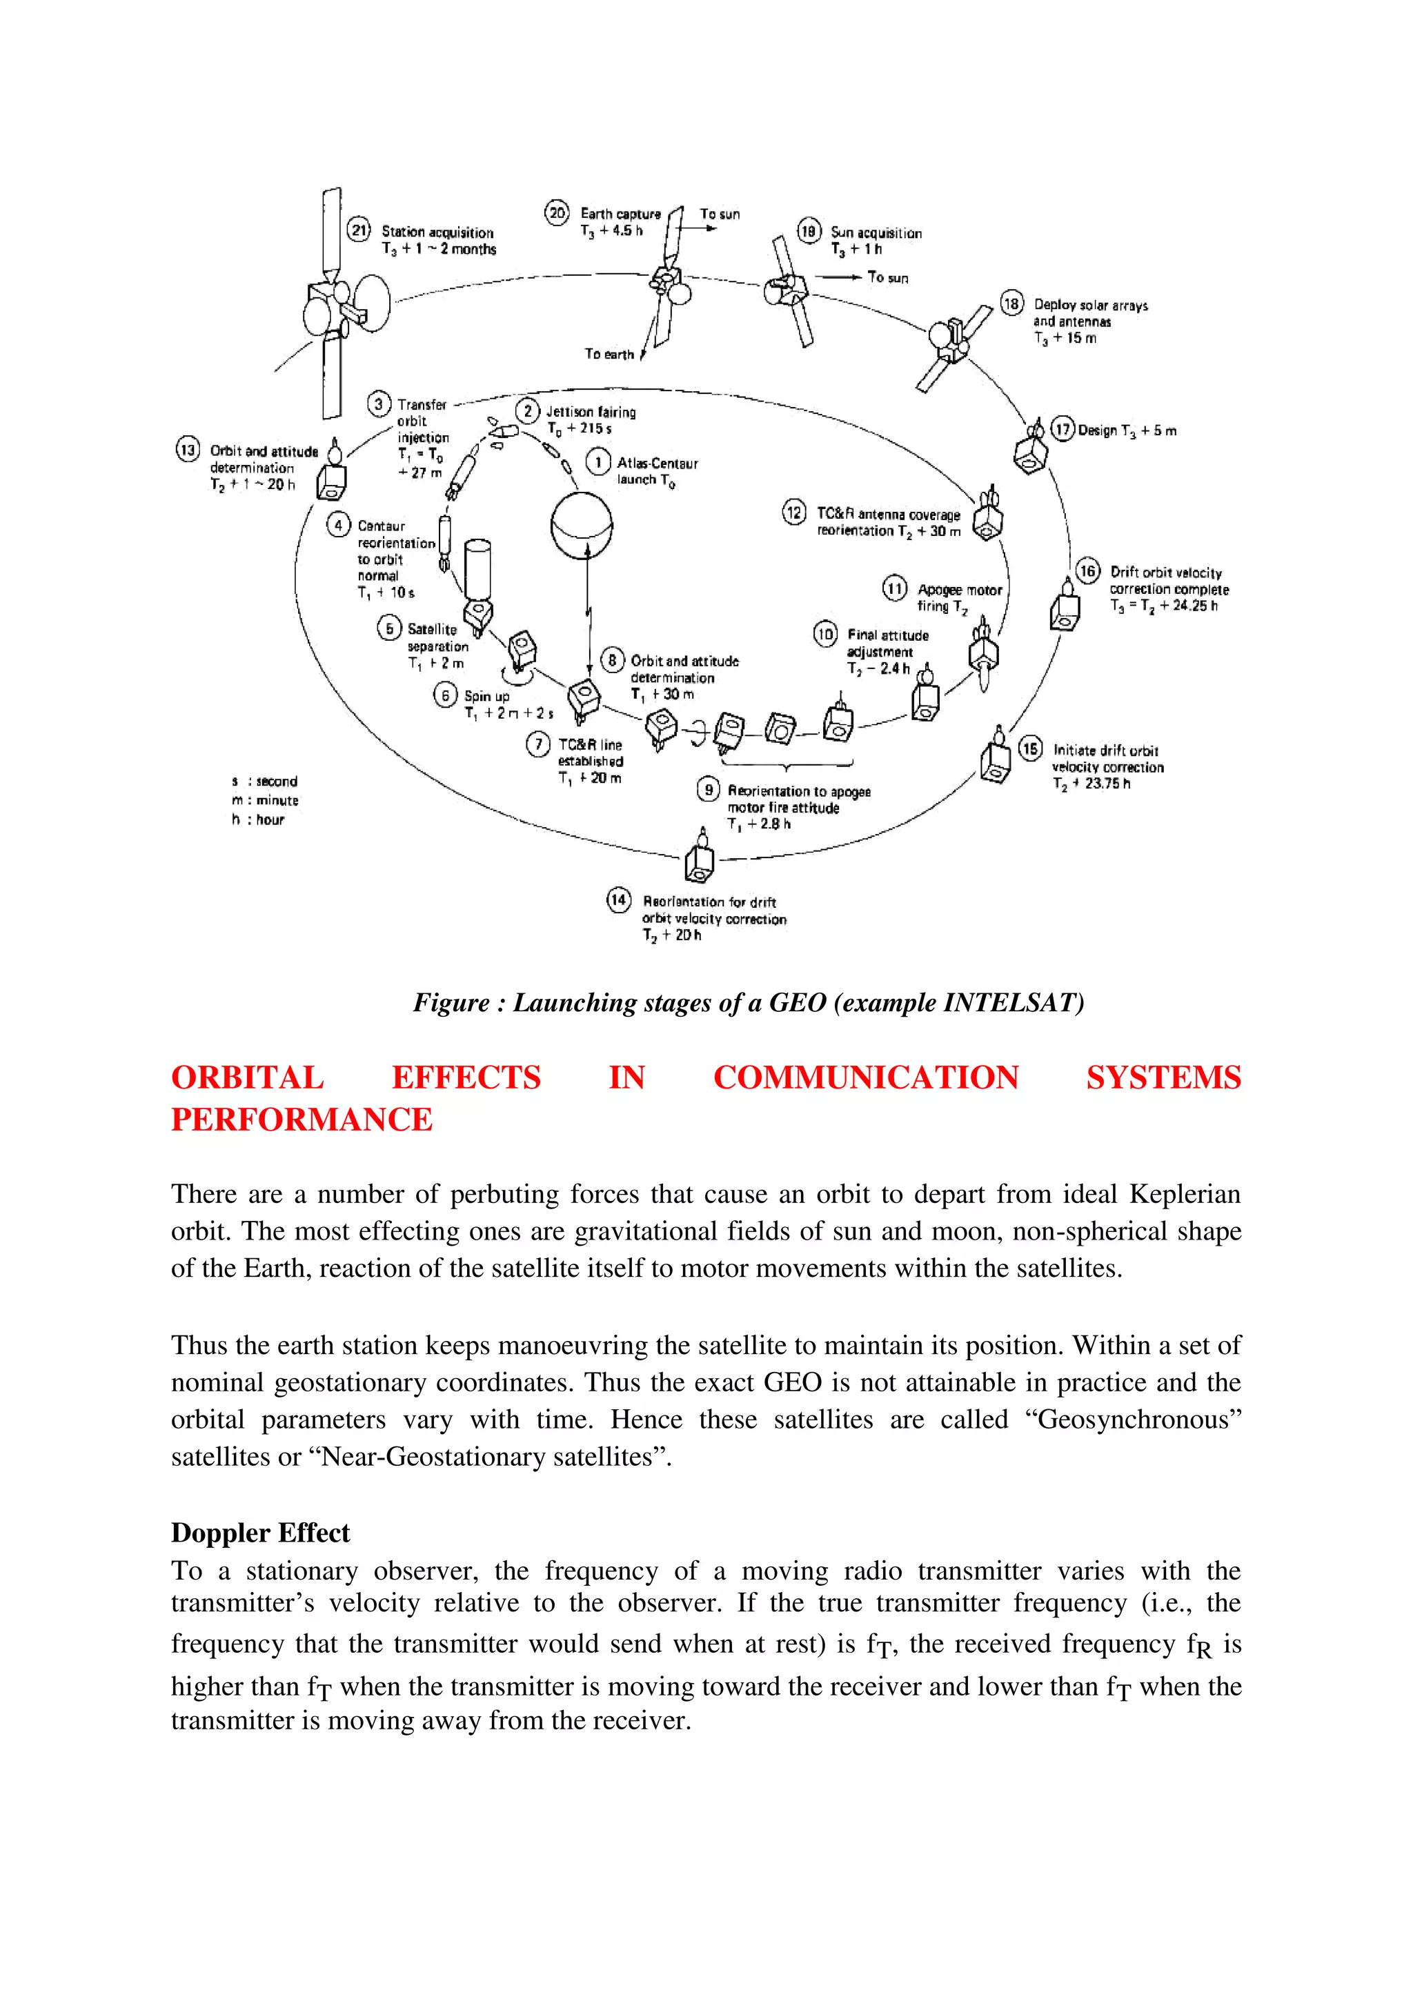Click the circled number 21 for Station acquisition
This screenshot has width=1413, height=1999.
coord(359,230)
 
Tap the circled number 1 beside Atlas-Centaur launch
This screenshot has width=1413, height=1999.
coord(597,462)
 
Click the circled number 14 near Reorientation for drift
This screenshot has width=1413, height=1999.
coord(618,900)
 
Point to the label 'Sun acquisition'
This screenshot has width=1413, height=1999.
coord(875,232)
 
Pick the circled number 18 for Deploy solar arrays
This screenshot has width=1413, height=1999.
coord(1011,304)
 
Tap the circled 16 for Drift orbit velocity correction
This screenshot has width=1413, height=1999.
coord(1087,571)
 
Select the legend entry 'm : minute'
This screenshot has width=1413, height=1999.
coord(266,800)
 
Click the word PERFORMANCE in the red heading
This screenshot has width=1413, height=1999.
coord(302,1120)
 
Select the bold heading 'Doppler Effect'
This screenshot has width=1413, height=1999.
coord(259,1532)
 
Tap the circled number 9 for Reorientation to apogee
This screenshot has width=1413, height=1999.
coord(709,790)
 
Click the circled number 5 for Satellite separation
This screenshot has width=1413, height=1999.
coord(388,628)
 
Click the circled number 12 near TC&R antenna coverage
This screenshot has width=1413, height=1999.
coord(794,513)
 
